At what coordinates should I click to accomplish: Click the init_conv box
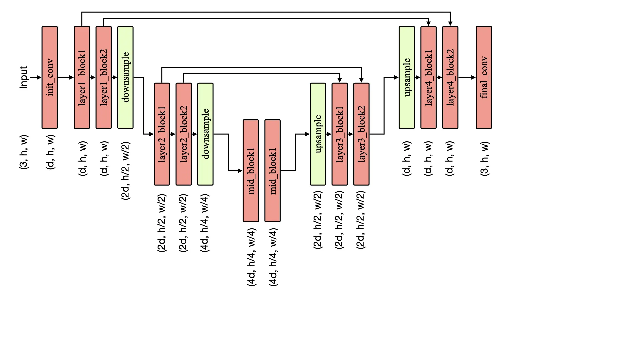50,77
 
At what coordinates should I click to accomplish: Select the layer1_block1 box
82,77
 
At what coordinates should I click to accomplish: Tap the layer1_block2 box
104,77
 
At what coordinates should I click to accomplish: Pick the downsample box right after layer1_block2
125,77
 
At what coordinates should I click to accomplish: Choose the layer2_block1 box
162,134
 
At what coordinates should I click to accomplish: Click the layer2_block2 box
184,134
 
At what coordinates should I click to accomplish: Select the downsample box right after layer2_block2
205,134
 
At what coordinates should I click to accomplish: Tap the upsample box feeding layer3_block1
318,134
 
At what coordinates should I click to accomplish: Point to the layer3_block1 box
340,134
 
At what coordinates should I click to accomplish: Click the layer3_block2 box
361,134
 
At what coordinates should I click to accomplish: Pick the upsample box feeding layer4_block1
407,77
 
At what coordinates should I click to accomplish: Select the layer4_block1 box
428,77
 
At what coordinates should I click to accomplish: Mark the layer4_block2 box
450,77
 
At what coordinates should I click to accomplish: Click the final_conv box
484,77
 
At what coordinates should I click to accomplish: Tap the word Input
23,77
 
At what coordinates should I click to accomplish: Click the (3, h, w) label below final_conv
485,159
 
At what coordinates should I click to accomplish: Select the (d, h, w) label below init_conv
50,152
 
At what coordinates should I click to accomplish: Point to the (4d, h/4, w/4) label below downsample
205,223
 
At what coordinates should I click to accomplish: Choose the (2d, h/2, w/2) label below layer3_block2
361,220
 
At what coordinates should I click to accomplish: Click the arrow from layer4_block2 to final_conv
467,77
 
